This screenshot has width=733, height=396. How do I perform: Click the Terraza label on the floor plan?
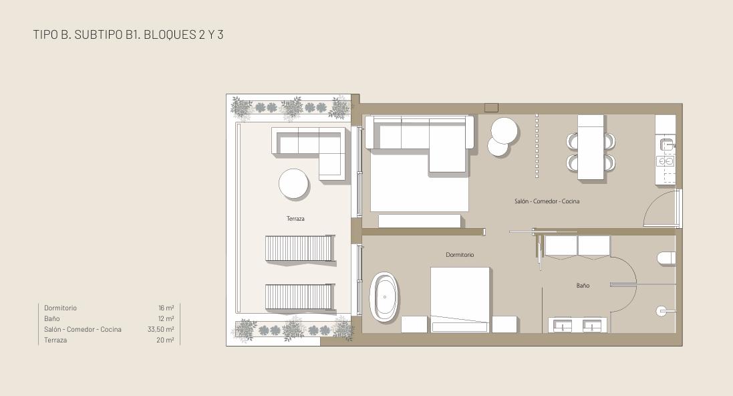click(x=295, y=219)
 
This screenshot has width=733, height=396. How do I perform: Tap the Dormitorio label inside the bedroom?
click(x=460, y=255)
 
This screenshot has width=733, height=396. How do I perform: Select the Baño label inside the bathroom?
click(x=583, y=285)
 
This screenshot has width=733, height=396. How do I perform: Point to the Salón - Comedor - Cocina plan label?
click(x=547, y=201)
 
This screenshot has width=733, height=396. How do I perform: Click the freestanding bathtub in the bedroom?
click(x=384, y=297)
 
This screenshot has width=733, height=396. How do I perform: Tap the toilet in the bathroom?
click(x=666, y=258)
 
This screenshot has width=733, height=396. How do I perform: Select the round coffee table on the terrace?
click(x=293, y=184)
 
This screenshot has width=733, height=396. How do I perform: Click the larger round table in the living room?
click(x=504, y=130)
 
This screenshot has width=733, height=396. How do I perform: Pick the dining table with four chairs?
click(x=591, y=147)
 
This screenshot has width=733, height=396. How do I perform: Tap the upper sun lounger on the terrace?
click(x=300, y=248)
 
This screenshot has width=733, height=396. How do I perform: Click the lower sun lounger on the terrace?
click(x=300, y=296)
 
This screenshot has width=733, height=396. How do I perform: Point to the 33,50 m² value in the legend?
click(x=161, y=330)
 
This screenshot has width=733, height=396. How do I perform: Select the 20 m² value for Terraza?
click(x=166, y=340)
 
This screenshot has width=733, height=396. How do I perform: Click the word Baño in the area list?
click(x=52, y=319)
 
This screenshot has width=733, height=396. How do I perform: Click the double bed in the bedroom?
click(x=460, y=300)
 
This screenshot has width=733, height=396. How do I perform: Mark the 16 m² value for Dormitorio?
click(x=166, y=308)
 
